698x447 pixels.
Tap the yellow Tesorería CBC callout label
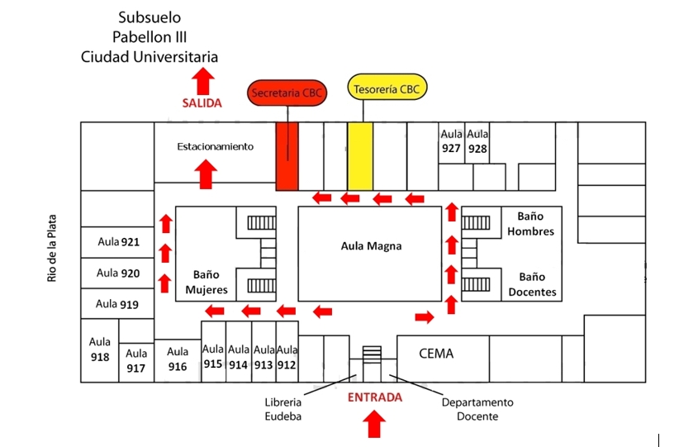[387, 88]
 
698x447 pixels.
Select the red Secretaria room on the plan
[287, 155]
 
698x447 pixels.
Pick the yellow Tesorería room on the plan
[359, 155]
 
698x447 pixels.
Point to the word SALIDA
[202, 103]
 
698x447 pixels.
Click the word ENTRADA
[375, 397]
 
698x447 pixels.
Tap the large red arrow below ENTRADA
[375, 423]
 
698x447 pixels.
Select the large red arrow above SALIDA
[203, 82]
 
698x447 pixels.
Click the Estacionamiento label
[215, 146]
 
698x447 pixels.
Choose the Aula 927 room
[451, 142]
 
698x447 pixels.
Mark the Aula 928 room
[477, 142]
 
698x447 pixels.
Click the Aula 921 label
[118, 242]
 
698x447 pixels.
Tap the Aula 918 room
[100, 350]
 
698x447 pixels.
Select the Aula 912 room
[287, 358]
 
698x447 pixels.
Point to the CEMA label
[436, 354]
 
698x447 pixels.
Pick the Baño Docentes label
[533, 284]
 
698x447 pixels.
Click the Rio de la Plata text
[51, 247]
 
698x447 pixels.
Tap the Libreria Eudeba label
[283, 409]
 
